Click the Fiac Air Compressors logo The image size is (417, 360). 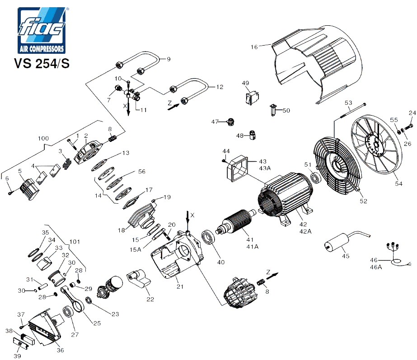coord(42,30)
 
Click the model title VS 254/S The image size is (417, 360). coord(42,64)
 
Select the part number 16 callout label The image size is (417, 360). coord(254,47)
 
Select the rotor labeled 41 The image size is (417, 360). coord(236,221)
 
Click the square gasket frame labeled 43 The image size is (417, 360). coord(237,168)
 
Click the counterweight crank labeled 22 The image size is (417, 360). coord(139,278)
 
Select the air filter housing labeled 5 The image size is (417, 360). coord(30,188)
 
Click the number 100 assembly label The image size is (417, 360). coord(43,138)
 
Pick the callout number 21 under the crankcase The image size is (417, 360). coord(180,287)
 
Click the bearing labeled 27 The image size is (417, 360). coord(68,312)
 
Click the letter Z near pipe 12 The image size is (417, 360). coord(170,103)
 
